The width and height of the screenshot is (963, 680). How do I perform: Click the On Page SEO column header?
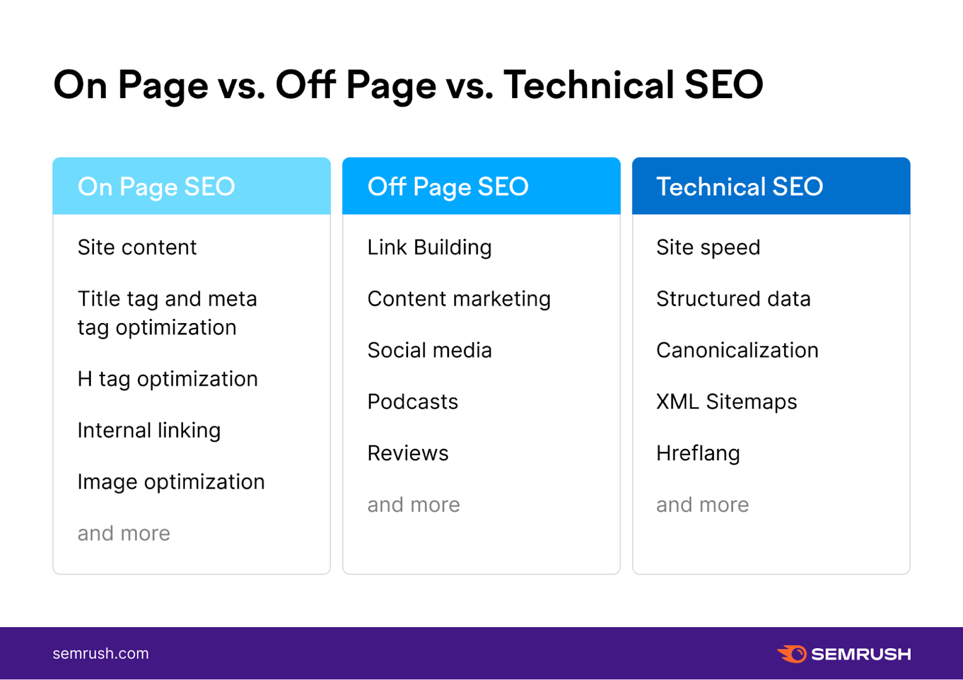point(156,187)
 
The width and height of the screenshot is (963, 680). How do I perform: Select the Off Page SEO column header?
point(448,187)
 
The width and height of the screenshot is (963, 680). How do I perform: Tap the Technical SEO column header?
point(739,187)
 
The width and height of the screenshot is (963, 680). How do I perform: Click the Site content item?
point(137,247)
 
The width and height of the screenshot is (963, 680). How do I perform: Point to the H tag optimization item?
point(167,379)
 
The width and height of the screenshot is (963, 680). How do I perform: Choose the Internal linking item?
point(149,430)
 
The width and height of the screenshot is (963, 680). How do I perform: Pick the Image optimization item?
point(171,482)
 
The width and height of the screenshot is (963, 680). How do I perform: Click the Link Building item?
point(429,247)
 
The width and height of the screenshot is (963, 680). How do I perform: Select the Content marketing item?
point(459,299)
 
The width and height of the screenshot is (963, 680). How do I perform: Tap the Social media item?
point(429,350)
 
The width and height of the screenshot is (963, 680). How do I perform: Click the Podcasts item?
point(412,401)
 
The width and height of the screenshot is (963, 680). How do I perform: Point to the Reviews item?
point(407,453)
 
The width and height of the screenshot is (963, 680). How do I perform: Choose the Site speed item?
point(708,247)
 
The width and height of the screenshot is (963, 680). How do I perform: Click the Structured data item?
point(733,299)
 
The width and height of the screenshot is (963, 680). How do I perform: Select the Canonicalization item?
point(737,350)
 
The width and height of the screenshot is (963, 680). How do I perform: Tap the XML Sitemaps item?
point(726,401)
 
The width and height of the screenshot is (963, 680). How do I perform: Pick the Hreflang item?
point(698,453)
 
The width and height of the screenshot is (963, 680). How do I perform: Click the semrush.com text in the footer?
point(101,654)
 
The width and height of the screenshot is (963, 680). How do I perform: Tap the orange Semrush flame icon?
point(792,654)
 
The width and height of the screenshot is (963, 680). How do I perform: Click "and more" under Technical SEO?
point(702,505)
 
